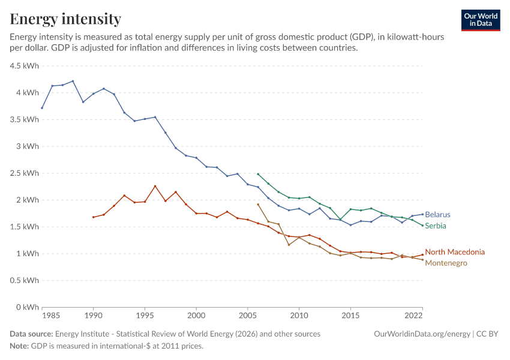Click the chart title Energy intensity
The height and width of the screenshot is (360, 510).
pyautogui.click(x=65, y=19)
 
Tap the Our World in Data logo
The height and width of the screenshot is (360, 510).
pyautogui.click(x=481, y=20)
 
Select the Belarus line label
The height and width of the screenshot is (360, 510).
pyautogui.click(x=437, y=215)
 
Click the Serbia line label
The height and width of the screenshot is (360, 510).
pyautogui.click(x=436, y=226)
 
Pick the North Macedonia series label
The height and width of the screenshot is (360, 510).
pyautogui.click(x=455, y=252)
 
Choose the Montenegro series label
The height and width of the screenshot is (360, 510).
pyautogui.click(x=446, y=263)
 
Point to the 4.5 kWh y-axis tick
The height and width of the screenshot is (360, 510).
pyautogui.click(x=25, y=66)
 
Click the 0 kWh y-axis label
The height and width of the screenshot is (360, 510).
pyautogui.click(x=28, y=307)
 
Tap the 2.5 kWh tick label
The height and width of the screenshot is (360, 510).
pyautogui.click(x=25, y=173)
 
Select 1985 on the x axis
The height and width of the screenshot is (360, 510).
pyautogui.click(x=51, y=316)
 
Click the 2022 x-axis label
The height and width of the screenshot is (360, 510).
pyautogui.click(x=414, y=316)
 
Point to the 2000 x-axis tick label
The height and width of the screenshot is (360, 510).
pyautogui.click(x=196, y=316)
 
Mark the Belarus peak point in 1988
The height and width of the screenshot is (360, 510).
pyautogui.click(x=73, y=81)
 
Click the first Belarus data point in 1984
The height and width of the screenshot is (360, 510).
pyautogui.click(x=42, y=108)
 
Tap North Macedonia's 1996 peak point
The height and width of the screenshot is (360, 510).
pyautogui.click(x=155, y=186)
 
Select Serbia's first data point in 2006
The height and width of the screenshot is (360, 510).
pyautogui.click(x=258, y=174)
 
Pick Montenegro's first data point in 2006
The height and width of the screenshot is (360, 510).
pyautogui.click(x=258, y=204)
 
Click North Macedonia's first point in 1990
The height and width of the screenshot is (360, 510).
pyautogui.click(x=94, y=217)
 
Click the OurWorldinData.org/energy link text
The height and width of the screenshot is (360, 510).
pyautogui.click(x=422, y=334)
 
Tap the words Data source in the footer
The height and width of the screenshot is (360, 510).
pyautogui.click(x=31, y=334)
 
